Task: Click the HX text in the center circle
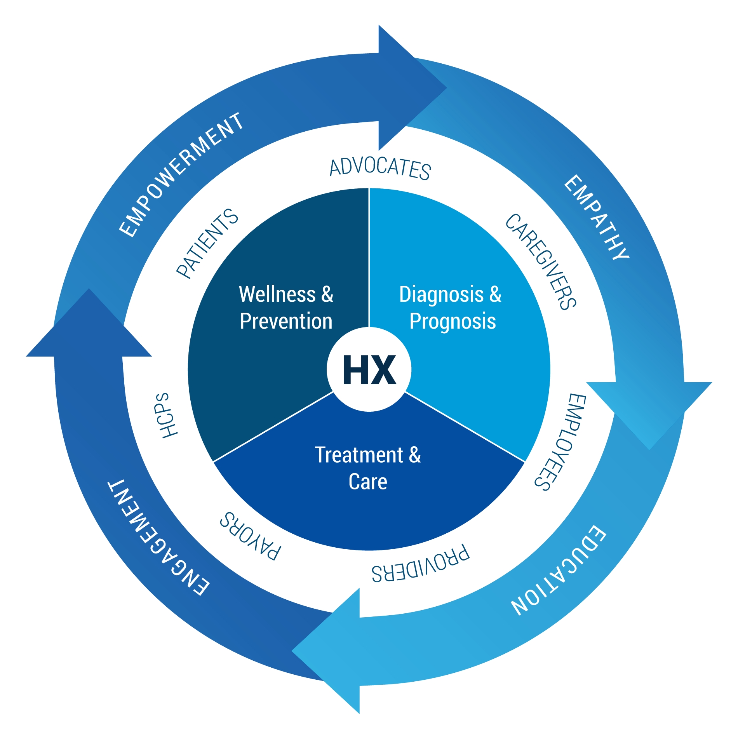369,370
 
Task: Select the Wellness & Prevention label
286,308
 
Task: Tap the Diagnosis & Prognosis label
451,308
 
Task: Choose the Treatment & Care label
368,468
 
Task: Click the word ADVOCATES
380,168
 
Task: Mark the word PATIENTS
207,244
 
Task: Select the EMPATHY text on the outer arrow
597,217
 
